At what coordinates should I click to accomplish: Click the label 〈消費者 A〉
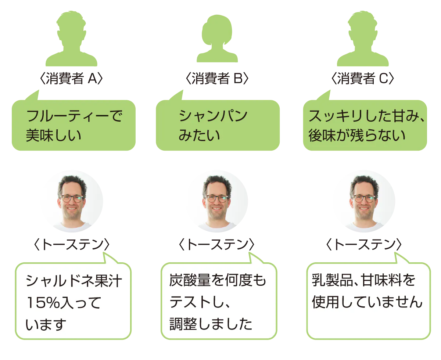coord(71,78)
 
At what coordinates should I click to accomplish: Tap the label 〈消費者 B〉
coord(217,78)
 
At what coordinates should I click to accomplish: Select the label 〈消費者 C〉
coord(363,78)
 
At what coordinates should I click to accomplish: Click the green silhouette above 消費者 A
coord(71,39)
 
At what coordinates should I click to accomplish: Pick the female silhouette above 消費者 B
coord(217,39)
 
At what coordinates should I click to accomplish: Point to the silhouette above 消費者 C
coord(363,39)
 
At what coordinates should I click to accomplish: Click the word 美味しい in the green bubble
coord(54,136)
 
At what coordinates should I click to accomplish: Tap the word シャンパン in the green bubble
coord(213,116)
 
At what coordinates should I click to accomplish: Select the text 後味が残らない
coord(357,136)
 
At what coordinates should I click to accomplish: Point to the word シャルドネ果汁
coord(74,281)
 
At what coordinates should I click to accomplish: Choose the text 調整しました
coord(211,324)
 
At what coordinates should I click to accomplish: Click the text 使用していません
coord(367,302)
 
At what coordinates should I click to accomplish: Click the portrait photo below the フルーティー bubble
coord(72,201)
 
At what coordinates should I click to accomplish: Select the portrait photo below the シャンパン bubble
coord(217,201)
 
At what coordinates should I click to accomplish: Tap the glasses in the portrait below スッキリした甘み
coord(364,198)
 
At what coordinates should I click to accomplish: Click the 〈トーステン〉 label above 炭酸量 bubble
coord(217,245)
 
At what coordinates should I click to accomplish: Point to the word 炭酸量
coord(190,280)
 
